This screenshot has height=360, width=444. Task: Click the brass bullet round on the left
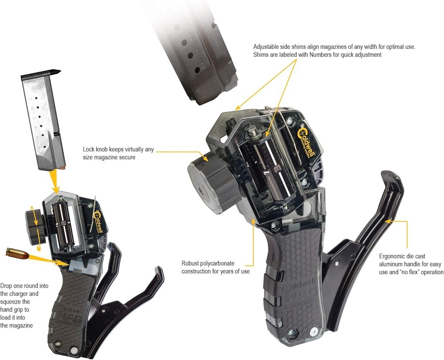[x=17, y=254]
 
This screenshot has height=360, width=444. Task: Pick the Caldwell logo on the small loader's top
[x=100, y=219]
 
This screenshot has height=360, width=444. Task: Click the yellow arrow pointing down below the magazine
[x=56, y=182]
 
